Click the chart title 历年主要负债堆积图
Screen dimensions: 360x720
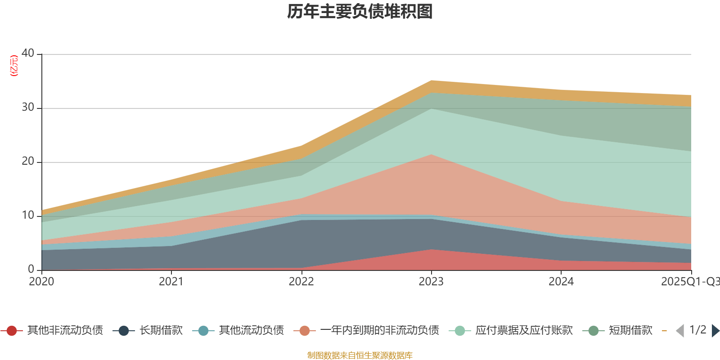coord(360,12)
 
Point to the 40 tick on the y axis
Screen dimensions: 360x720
coord(28,53)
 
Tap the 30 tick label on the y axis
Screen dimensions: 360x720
coord(28,107)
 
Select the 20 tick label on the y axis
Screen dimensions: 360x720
coord(28,161)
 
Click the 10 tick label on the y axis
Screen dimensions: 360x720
coord(28,215)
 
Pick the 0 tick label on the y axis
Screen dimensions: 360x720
coord(31,269)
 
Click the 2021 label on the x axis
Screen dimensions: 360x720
coord(171,281)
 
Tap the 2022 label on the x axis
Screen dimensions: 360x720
coord(301,281)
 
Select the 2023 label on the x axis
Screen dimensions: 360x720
coord(431,281)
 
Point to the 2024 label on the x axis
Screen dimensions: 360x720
coord(561,281)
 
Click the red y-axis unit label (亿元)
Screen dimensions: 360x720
coord(14,66)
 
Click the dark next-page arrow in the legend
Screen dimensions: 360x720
coord(715,331)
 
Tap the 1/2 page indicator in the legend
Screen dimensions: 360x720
coord(697,330)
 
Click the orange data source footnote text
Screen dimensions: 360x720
coord(360,355)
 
